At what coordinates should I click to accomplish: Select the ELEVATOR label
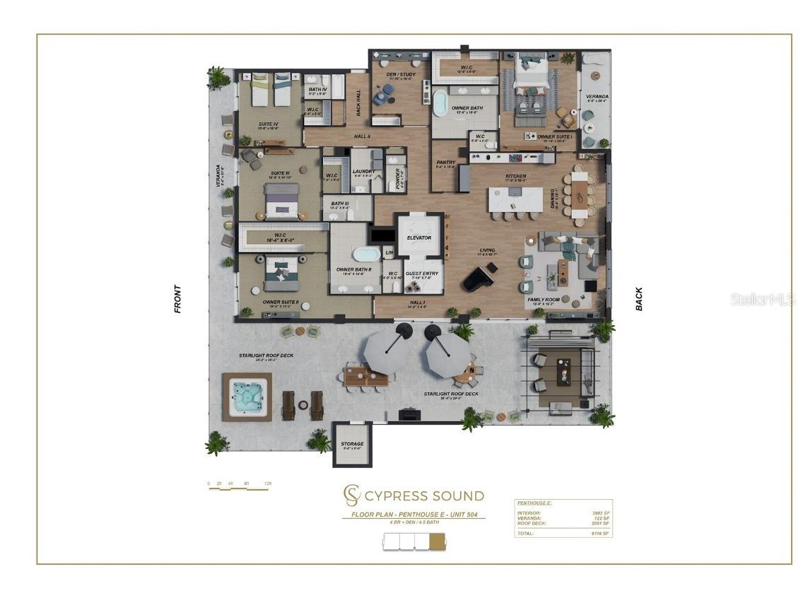click(x=418, y=238)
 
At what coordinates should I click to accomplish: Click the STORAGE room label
click(x=352, y=445)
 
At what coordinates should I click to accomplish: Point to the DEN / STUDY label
click(x=401, y=74)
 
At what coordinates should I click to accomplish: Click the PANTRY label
click(x=445, y=163)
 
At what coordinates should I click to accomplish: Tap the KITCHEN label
click(x=515, y=177)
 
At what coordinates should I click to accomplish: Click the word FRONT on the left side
click(x=177, y=298)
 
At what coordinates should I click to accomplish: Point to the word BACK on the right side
click(x=639, y=298)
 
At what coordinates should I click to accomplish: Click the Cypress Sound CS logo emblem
click(x=351, y=495)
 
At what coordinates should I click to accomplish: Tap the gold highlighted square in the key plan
click(x=438, y=541)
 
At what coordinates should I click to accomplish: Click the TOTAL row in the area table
click(x=563, y=533)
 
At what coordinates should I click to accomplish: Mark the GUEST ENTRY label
click(x=422, y=274)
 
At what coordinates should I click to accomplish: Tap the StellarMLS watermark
click(x=762, y=300)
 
